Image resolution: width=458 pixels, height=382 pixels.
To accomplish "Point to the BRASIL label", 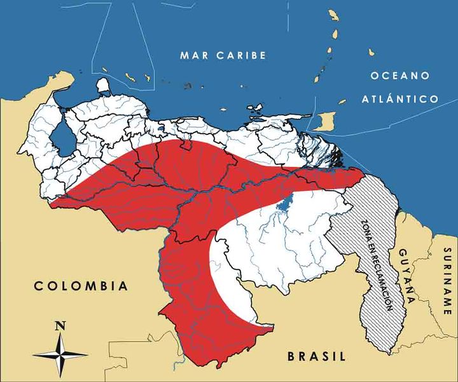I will coord(316,356).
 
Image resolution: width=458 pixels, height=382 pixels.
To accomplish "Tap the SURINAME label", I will coord(447,281).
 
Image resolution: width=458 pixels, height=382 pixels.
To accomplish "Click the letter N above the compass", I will coord(60,325).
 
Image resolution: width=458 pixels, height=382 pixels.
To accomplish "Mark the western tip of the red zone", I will coord(52,204).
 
